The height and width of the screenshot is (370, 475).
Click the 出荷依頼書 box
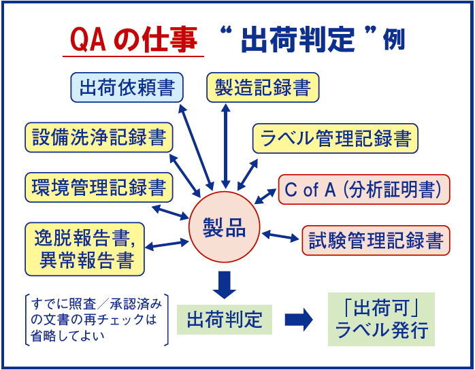click(127, 88)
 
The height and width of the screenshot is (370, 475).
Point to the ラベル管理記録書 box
click(335, 138)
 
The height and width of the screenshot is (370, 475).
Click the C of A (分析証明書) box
click(364, 190)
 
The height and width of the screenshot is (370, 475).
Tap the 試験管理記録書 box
click(376, 239)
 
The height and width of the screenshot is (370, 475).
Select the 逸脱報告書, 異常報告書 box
click(84, 248)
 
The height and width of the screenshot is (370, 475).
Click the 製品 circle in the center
click(225, 229)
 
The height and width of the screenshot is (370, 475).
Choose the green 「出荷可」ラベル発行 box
click(381, 320)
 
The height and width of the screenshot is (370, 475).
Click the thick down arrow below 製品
click(225, 283)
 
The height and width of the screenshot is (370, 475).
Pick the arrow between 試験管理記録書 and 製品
click(280, 236)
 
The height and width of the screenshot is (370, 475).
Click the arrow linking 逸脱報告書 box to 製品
click(166, 242)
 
